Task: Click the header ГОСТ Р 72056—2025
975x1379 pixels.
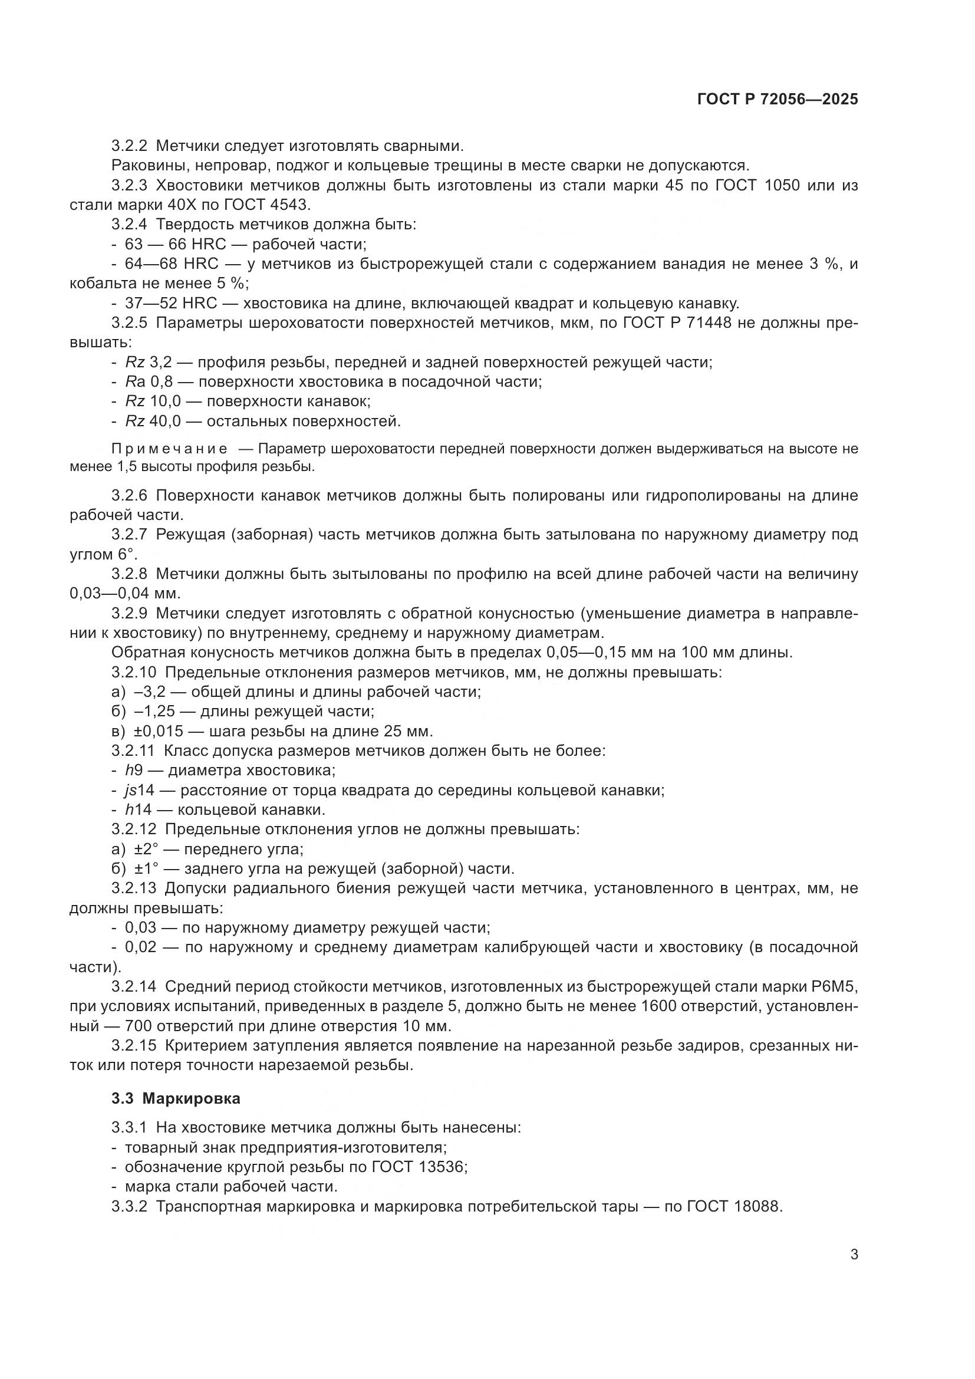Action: [x=778, y=100]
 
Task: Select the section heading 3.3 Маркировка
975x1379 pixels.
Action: [x=175, y=1098]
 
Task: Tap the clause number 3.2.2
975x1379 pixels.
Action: [x=130, y=146]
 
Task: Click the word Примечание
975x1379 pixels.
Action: [x=169, y=449]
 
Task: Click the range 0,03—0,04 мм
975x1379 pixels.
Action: [x=124, y=594]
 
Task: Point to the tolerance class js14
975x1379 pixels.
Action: [x=139, y=791]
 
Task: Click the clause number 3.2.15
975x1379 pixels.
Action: [x=133, y=1046]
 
